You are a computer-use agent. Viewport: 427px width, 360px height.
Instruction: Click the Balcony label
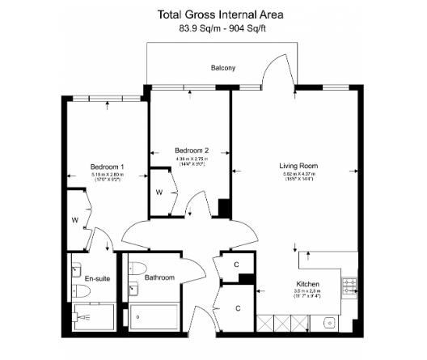(x=223, y=68)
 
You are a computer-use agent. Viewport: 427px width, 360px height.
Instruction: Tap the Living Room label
(x=298, y=165)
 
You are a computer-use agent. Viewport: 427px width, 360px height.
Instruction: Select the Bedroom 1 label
(x=107, y=167)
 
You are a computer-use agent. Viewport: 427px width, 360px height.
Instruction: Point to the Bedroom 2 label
(x=192, y=150)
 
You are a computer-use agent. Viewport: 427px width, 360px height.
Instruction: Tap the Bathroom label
(x=159, y=277)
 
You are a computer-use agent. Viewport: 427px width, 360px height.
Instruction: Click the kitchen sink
(x=329, y=321)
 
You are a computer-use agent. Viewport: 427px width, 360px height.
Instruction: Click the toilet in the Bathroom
(x=137, y=267)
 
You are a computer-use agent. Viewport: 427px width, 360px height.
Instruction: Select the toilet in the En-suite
(x=78, y=266)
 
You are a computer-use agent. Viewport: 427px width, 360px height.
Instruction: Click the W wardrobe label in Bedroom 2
(x=159, y=193)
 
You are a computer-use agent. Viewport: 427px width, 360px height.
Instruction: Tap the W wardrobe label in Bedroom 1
(x=74, y=219)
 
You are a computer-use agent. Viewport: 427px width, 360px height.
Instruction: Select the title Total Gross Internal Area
(x=214, y=14)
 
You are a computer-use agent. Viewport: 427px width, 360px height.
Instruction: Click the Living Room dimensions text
(x=298, y=176)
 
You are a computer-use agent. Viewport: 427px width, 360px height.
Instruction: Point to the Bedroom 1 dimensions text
(x=107, y=177)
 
